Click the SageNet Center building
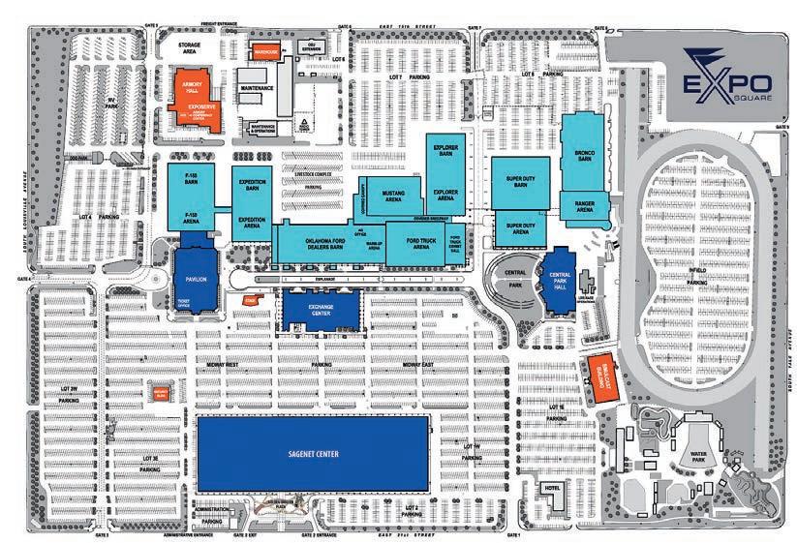click(313, 453)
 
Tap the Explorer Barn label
click(445, 153)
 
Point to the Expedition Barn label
click(252, 186)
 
